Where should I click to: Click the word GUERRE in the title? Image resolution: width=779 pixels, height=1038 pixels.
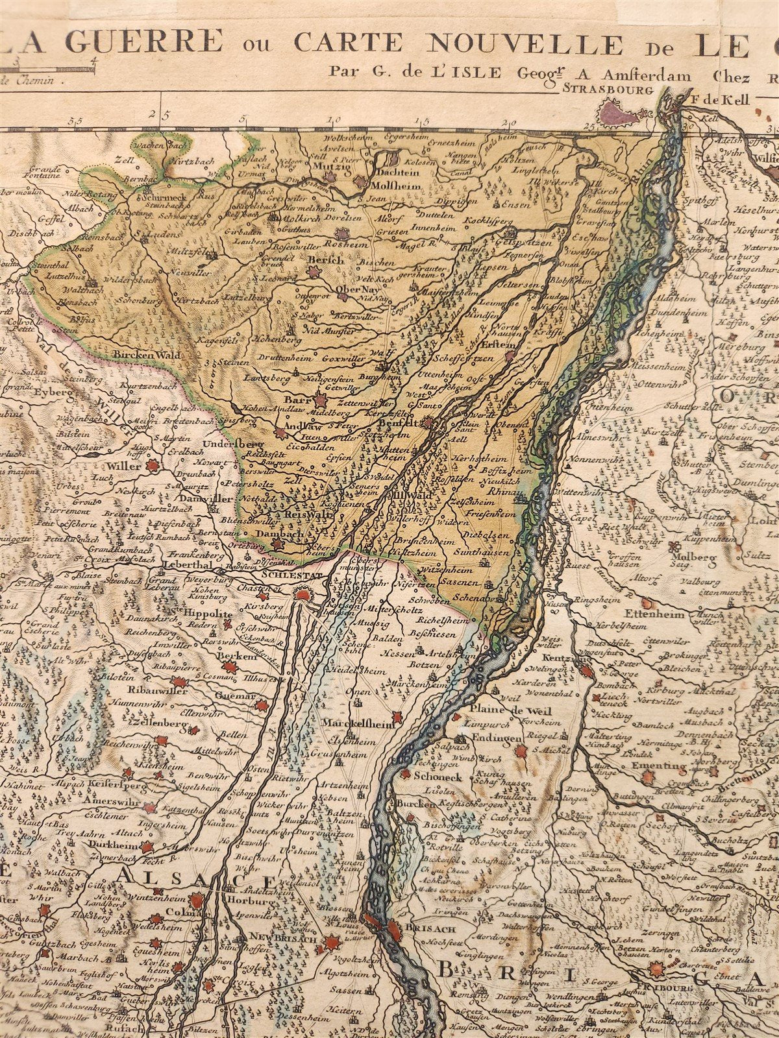(153, 42)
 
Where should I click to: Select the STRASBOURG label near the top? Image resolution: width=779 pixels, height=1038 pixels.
(608, 91)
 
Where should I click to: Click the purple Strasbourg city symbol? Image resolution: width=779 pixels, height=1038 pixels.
(619, 115)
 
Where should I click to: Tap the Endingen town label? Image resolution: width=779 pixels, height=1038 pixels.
(498, 738)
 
